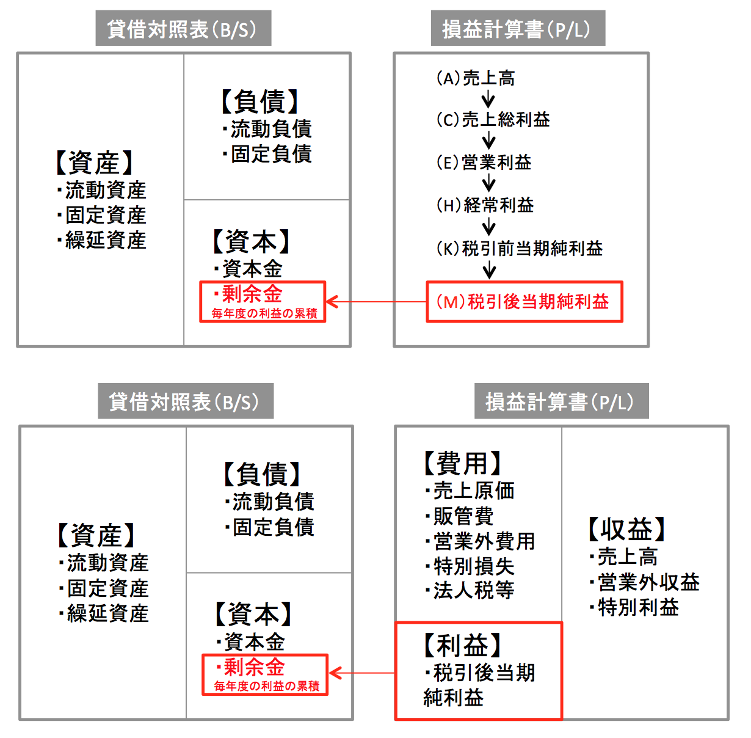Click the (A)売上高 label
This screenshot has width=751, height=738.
(476, 78)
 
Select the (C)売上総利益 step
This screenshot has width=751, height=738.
(493, 119)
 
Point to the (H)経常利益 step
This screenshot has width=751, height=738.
(485, 205)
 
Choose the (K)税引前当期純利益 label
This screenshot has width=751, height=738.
(520, 249)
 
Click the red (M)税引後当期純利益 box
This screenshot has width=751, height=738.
(524, 302)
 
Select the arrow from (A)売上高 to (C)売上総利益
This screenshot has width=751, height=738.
(488, 99)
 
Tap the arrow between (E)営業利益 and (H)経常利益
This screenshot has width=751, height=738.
(488, 183)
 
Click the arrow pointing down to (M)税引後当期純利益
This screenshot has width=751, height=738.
(489, 270)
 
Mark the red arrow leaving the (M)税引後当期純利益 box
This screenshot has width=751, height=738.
(376, 302)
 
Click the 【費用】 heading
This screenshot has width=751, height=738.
(462, 463)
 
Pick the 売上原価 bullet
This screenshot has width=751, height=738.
(470, 491)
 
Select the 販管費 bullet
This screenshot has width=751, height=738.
(460, 516)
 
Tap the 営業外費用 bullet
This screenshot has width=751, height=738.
(480, 541)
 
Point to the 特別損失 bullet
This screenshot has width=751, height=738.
(470, 566)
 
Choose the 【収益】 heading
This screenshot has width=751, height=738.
(626, 529)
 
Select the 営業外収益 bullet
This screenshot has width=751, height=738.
(645, 582)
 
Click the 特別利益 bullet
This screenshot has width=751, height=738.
(634, 607)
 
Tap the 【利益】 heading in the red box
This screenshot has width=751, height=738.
(462, 646)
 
